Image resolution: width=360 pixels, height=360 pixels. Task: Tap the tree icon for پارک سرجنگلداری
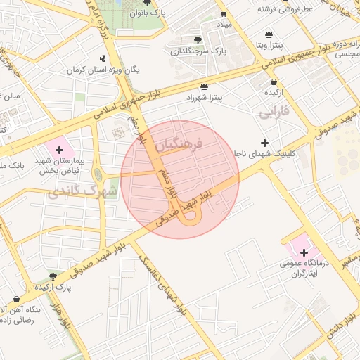pyautogui.click(x=198, y=39)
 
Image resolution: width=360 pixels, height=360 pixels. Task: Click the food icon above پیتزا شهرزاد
pyautogui.click(x=204, y=87)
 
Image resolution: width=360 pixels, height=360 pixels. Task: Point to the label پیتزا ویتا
pyautogui.click(x=269, y=46)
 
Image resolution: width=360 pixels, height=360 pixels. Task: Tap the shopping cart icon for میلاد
pyautogui.click(x=224, y=13)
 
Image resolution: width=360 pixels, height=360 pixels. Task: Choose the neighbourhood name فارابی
pyautogui.click(x=275, y=112)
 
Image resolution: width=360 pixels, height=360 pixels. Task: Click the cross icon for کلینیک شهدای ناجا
pyautogui.click(x=265, y=142)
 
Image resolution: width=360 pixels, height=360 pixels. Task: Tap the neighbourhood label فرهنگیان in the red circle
pyautogui.click(x=177, y=144)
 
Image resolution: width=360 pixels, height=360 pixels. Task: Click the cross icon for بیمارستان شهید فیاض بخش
pyautogui.click(x=59, y=150)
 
